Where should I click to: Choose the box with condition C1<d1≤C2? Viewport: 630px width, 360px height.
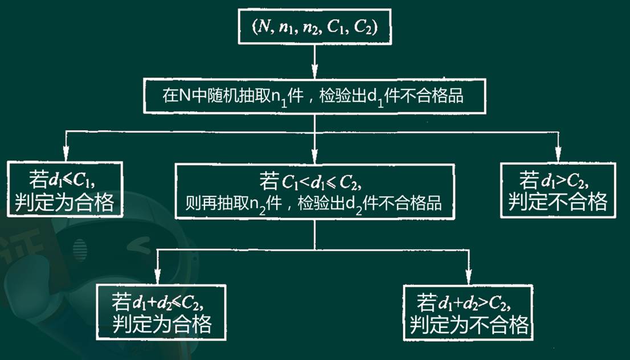coord(314,191)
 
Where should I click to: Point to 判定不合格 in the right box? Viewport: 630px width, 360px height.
coord(558,202)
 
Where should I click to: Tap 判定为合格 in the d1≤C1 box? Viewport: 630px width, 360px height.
coord(64,202)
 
